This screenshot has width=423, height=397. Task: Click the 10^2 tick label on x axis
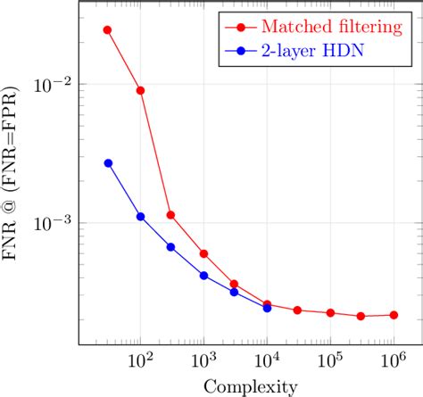coord(139,360)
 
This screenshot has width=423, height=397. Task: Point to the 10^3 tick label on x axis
coord(203,360)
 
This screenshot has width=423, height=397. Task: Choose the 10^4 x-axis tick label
coord(267,360)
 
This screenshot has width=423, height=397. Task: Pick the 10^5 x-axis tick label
coord(330,360)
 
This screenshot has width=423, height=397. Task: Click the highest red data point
coord(108,29)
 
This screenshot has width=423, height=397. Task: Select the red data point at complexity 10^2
coord(140,91)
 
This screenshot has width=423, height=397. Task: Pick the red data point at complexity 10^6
coord(394,315)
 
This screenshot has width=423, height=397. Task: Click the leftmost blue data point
coord(108,163)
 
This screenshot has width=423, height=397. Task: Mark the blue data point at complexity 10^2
coord(140,217)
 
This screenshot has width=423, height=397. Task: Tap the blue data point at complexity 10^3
coord(203,276)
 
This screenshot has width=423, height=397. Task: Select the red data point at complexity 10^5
coord(330,313)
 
